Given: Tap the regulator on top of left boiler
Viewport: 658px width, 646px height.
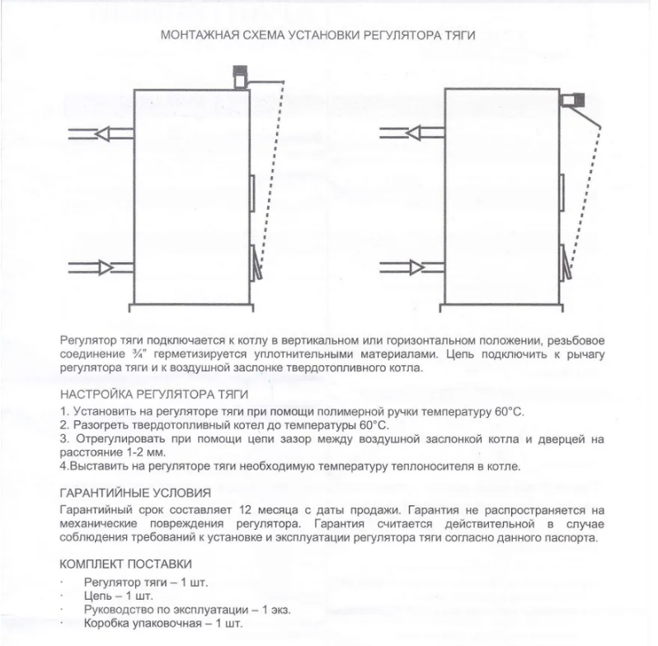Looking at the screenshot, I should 240,77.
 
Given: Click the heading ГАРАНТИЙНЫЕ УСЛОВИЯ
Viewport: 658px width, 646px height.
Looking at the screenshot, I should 135,494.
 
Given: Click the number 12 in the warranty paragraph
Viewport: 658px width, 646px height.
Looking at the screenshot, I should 237,509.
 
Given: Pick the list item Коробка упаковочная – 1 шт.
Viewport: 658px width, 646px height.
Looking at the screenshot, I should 163,624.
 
